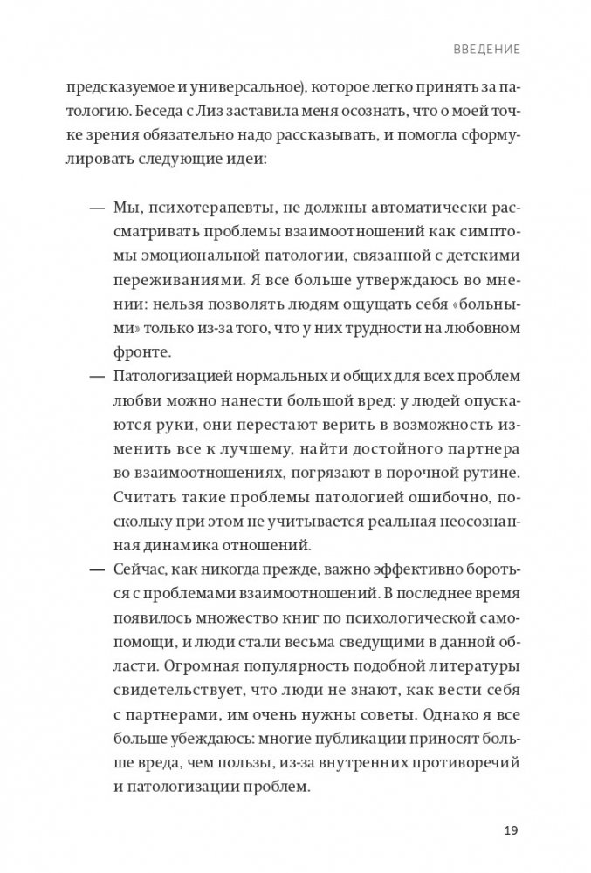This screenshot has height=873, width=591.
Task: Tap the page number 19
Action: pyautogui.click(x=512, y=829)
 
